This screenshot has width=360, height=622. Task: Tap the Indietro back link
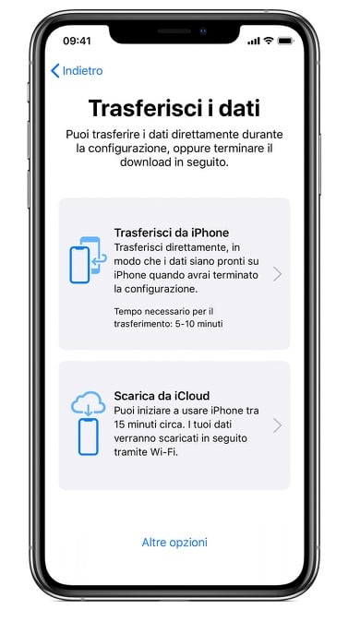(77, 71)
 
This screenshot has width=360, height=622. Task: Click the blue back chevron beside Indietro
(54, 71)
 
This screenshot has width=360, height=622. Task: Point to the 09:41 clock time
(77, 41)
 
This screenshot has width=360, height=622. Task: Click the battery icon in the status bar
(285, 41)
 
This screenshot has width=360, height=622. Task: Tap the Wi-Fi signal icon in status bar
(269, 41)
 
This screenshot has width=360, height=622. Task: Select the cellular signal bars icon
(254, 42)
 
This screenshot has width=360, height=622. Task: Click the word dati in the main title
(241, 108)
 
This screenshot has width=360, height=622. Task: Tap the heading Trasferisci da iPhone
(172, 233)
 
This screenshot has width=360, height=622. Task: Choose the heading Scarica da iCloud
(162, 396)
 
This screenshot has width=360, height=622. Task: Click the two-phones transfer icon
(88, 260)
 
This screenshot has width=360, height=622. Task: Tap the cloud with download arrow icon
(88, 402)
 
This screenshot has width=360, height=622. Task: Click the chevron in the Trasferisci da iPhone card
(278, 274)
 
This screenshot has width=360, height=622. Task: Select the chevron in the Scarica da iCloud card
(278, 425)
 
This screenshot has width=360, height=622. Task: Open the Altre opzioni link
(174, 543)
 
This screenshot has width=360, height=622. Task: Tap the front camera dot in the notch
(203, 31)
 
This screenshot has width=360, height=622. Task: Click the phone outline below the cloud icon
(88, 437)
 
